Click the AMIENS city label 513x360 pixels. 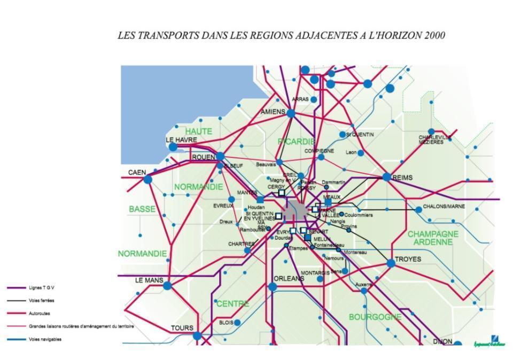[x=273, y=112]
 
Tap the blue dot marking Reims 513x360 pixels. [x=387, y=177]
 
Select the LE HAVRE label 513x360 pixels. [x=182, y=140]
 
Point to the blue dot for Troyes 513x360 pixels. [x=391, y=263]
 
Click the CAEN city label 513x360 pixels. [x=137, y=173]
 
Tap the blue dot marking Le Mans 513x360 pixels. [x=167, y=286]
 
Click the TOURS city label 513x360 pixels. [x=182, y=328]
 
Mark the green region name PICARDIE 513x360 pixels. [x=297, y=142]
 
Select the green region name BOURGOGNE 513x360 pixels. [x=375, y=317]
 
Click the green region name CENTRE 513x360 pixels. [x=232, y=304]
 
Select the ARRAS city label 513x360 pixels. [x=300, y=99]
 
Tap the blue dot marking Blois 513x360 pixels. [x=237, y=323]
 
